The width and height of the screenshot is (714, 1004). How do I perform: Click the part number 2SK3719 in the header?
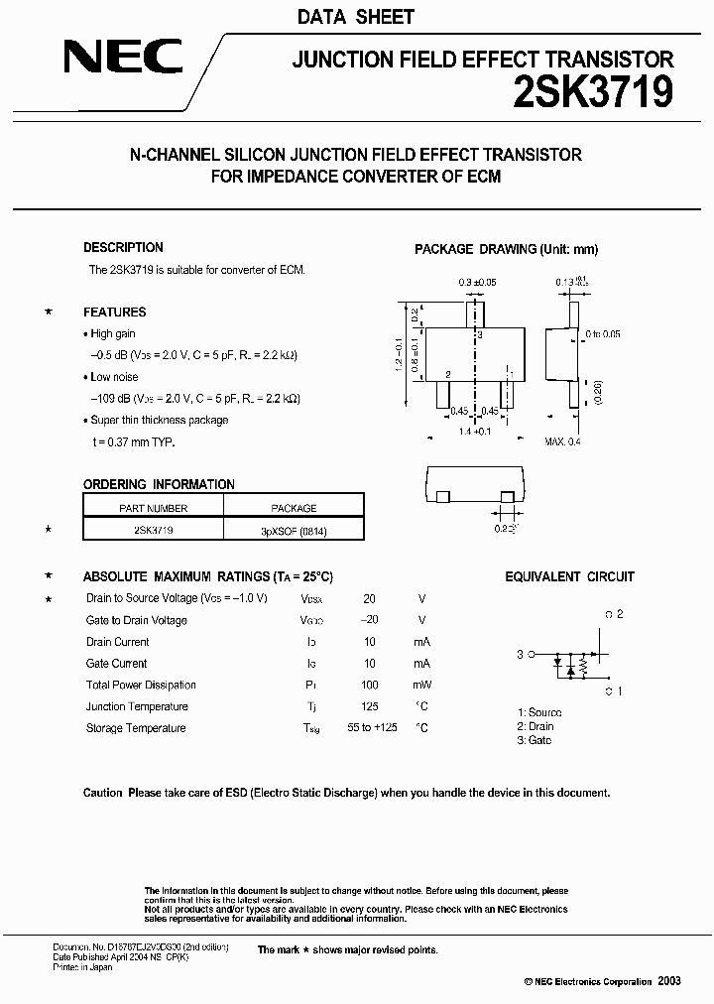pyautogui.click(x=593, y=93)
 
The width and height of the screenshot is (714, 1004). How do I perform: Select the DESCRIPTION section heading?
pyautogui.click(x=123, y=248)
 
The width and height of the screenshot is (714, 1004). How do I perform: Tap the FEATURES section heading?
pyautogui.click(x=114, y=312)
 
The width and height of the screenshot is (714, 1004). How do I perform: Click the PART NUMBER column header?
pyautogui.click(x=153, y=508)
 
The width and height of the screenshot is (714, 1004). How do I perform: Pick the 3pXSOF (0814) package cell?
pyautogui.click(x=294, y=532)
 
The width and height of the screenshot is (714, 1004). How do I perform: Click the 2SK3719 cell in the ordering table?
pyautogui.click(x=153, y=532)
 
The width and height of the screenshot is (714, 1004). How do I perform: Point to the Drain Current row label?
pyautogui.click(x=117, y=642)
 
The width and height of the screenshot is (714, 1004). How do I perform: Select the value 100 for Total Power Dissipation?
pyautogui.click(x=369, y=686)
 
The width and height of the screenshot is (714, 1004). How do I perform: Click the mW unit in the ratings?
pyautogui.click(x=421, y=686)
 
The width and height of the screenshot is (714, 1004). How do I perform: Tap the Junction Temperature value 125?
pyautogui.click(x=369, y=707)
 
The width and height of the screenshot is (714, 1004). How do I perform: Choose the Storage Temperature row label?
pyautogui.click(x=136, y=728)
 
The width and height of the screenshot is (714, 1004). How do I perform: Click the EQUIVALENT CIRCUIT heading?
pyautogui.click(x=569, y=576)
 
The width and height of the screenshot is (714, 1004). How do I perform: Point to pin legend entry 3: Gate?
pyautogui.click(x=534, y=740)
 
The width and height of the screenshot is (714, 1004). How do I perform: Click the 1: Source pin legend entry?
pyautogui.click(x=538, y=712)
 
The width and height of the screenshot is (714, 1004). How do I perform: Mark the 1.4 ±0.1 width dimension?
pyautogui.click(x=475, y=433)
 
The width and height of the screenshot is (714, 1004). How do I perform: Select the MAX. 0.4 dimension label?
pyautogui.click(x=562, y=440)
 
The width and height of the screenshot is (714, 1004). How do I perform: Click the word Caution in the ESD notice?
pyautogui.click(x=103, y=793)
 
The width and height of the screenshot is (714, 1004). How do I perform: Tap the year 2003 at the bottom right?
pyautogui.click(x=668, y=980)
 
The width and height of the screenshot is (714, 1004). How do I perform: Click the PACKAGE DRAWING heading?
pyautogui.click(x=506, y=249)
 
